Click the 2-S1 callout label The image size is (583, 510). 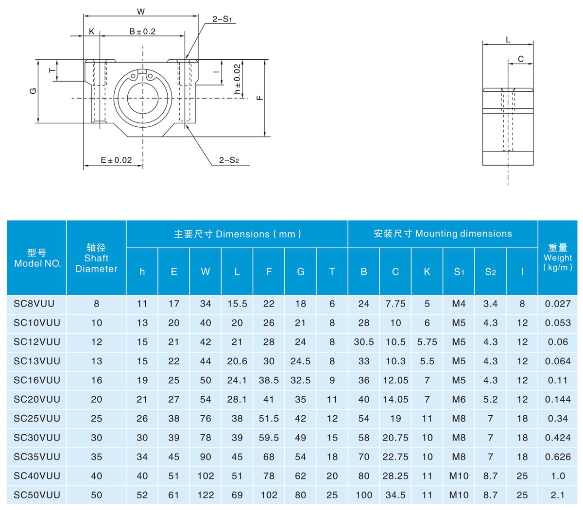tap(223, 19)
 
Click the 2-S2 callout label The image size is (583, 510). tap(229, 160)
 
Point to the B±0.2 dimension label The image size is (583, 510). tap(142, 32)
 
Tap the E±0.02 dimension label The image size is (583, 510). tap(116, 160)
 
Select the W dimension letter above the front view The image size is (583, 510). tap(141, 12)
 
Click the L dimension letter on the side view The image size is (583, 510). tap(508, 40)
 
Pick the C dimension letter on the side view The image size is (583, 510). tap(521, 59)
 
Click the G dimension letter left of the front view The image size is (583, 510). tap(34, 91)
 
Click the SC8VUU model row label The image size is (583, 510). tap(34, 304)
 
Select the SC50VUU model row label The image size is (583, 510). tap(37, 495)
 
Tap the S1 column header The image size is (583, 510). tap(459, 272)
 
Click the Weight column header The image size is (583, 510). tap(558, 257)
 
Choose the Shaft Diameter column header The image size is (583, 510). tap(96, 258)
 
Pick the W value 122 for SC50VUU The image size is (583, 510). tap(206, 495)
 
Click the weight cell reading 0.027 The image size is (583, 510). tap(558, 304)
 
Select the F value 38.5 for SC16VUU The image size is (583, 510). tap(269, 380)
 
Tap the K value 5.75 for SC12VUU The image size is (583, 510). tap(427, 342)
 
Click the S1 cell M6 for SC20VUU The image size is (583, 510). tap(459, 399)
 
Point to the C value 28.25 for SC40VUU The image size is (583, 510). tap(395, 476)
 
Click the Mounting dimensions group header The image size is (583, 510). tap(443, 234)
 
